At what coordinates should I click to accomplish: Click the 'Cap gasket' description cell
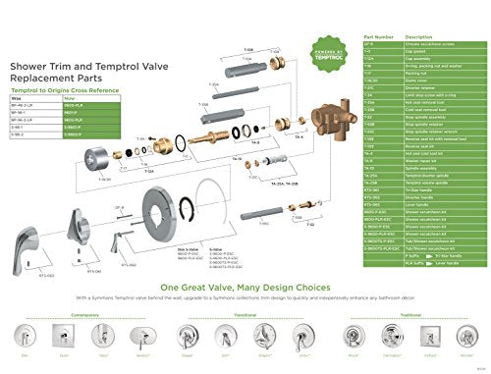(417, 51)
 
